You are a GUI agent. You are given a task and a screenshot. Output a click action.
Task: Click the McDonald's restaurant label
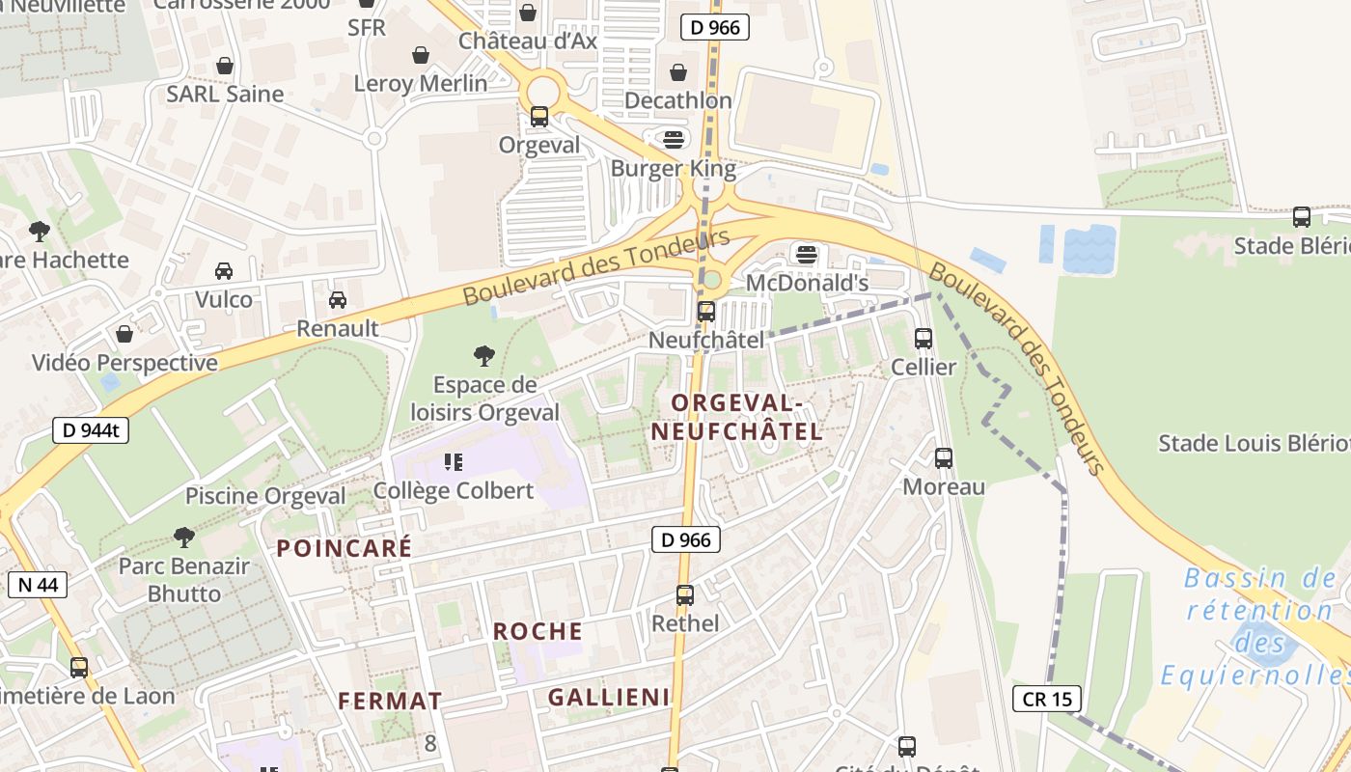coord(808,283)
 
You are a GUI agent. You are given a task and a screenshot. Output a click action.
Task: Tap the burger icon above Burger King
coord(674,139)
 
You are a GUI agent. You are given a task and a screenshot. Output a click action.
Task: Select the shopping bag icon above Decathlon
coord(678,72)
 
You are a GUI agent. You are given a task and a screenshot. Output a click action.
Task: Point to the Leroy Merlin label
coord(421,84)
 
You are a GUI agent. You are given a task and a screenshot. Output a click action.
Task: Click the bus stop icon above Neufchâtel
coord(706,311)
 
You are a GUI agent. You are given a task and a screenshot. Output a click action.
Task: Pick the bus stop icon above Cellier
coord(924,338)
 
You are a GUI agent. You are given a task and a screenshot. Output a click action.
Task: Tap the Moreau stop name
coord(944,486)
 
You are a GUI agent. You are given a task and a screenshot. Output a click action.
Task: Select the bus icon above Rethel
coord(685,594)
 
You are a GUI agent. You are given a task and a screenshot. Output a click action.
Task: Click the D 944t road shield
coord(90,430)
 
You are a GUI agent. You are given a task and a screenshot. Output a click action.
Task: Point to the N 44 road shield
coord(37,584)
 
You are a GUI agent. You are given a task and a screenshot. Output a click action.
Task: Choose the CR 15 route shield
coord(1047,699)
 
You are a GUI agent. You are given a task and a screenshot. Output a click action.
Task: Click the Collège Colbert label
coord(454,490)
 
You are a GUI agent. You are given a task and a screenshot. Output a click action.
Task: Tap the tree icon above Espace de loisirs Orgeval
coord(484,356)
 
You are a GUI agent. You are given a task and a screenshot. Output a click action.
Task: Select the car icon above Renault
coord(338,299)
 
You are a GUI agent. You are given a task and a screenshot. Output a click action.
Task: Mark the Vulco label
coord(224,299)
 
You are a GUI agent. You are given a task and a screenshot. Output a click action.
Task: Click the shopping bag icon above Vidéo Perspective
coord(124,334)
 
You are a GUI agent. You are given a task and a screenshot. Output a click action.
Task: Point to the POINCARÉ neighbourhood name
coord(345,548)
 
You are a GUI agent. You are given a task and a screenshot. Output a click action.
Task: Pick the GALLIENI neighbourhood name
coord(609,697)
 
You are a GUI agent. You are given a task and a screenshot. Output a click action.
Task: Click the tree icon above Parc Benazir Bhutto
coord(184,537)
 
